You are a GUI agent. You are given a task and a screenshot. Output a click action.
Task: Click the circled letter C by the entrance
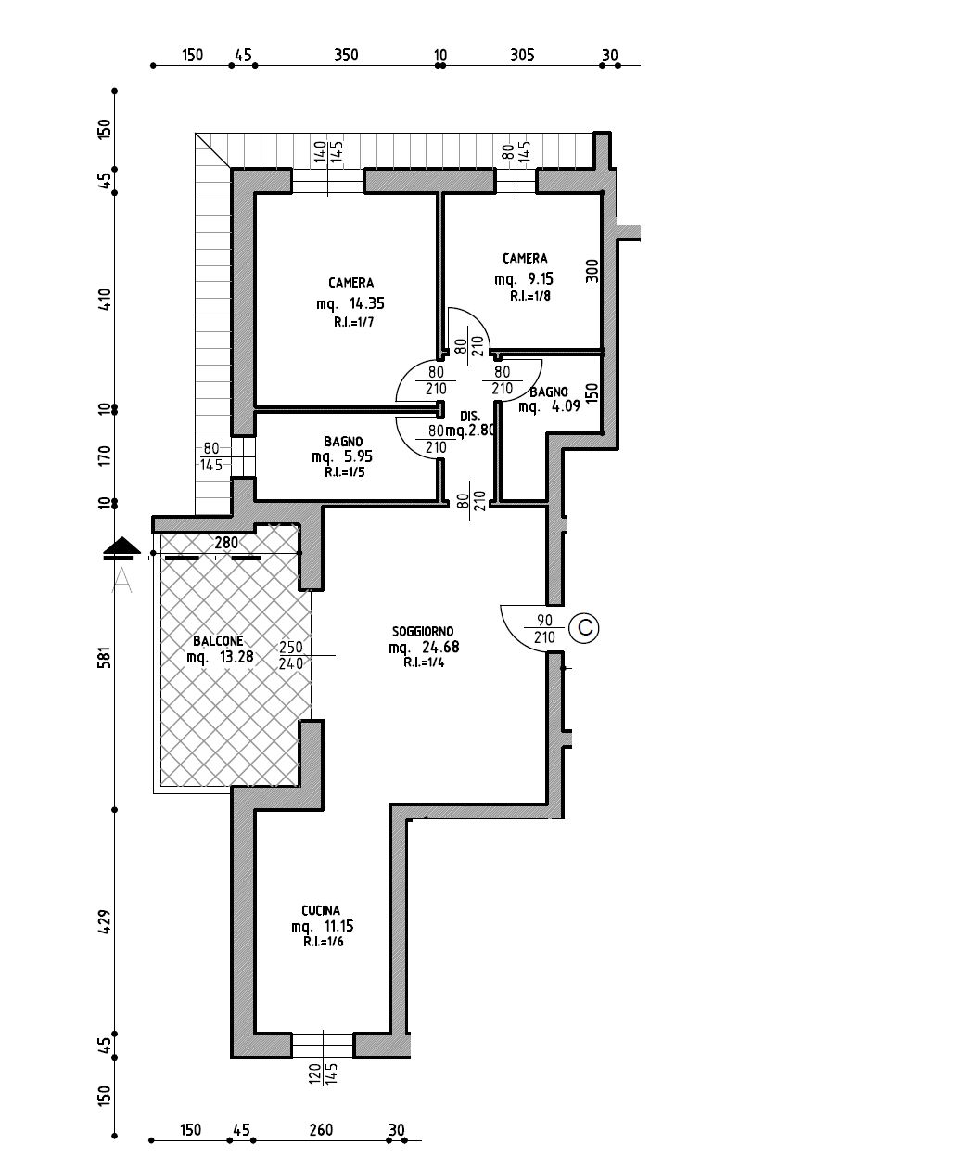coord(584,628)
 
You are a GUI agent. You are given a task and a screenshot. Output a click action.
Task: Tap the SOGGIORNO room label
coord(423,631)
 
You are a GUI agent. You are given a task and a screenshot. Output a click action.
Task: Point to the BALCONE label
coord(218,641)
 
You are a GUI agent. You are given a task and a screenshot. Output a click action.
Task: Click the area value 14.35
coord(366,303)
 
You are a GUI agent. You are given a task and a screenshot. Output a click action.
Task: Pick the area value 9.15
coord(540,278)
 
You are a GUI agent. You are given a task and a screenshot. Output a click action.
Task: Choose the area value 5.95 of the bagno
coord(358,456)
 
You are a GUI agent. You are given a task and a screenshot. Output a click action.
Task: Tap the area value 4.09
coord(566,406)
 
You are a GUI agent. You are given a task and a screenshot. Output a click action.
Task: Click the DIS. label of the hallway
coord(470,417)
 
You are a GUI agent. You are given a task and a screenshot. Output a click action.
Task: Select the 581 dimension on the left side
coord(104,657)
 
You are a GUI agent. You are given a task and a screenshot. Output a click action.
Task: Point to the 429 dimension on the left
coord(104,922)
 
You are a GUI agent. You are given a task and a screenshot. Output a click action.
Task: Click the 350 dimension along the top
coord(346,55)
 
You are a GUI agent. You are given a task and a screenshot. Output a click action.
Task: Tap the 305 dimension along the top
coord(522,55)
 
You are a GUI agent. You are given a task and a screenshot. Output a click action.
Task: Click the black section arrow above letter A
coord(121,548)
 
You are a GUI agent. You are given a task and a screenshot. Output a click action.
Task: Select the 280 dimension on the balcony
coord(226,543)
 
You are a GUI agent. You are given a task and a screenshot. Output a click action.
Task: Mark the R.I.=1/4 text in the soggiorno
coord(424,662)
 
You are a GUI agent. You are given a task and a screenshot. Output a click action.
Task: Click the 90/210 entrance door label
coord(544,629)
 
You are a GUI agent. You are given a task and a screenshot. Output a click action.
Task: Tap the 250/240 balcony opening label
coord(291,655)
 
